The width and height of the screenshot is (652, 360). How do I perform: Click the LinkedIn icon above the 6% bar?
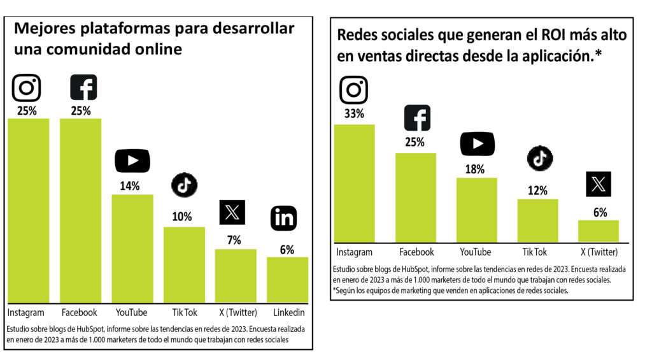point(283,219)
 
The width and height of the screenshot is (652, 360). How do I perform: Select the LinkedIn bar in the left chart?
point(287,280)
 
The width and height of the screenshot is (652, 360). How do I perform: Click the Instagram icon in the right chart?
point(353,90)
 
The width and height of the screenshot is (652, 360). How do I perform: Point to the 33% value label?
point(353,115)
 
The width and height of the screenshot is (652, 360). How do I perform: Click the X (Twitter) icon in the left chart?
point(232,212)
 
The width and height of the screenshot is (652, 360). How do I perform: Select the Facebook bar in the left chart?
point(80,210)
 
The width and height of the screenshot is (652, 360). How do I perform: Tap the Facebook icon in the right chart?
point(417,119)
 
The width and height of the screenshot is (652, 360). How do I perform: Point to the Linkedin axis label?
point(288,313)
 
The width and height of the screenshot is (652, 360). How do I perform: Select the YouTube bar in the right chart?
point(476,210)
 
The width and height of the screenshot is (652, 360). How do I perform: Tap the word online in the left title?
point(159,49)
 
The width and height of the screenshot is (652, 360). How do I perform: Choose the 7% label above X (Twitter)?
point(234,240)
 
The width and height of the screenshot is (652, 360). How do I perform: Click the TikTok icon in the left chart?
point(184,185)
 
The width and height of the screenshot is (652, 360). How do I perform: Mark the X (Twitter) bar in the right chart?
point(598,231)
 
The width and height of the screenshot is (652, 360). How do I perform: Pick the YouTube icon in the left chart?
point(132,160)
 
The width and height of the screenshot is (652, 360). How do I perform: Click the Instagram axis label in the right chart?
point(353,252)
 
